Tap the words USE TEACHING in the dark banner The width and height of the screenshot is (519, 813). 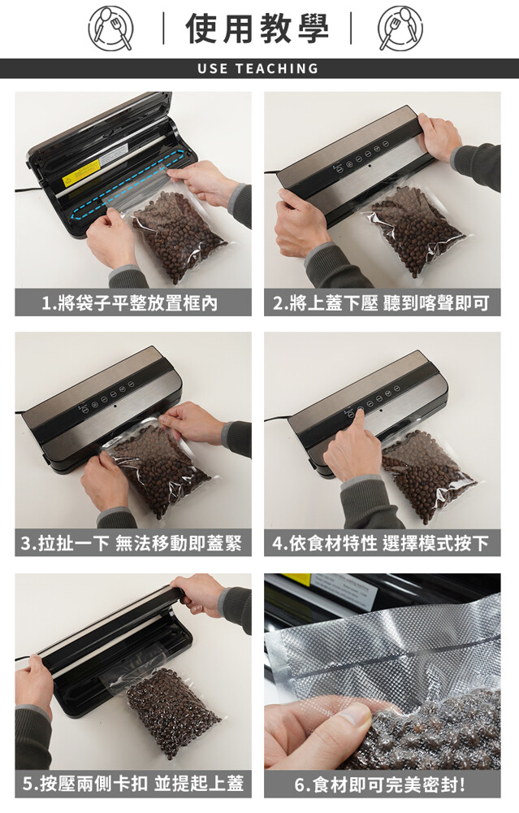[258, 68]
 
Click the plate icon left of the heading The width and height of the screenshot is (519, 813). [110, 28]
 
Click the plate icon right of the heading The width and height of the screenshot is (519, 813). [400, 28]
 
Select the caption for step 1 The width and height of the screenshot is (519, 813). [130, 302]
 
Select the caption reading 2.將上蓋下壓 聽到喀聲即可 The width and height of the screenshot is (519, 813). [381, 302]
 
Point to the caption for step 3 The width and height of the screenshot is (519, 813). [132, 543]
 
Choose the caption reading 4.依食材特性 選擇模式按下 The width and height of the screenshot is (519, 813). [381, 543]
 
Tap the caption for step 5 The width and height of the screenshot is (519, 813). [133, 783]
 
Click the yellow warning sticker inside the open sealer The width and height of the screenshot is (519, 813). [80, 173]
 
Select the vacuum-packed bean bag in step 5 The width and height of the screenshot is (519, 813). [171, 711]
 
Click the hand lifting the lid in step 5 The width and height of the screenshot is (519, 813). [201, 595]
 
